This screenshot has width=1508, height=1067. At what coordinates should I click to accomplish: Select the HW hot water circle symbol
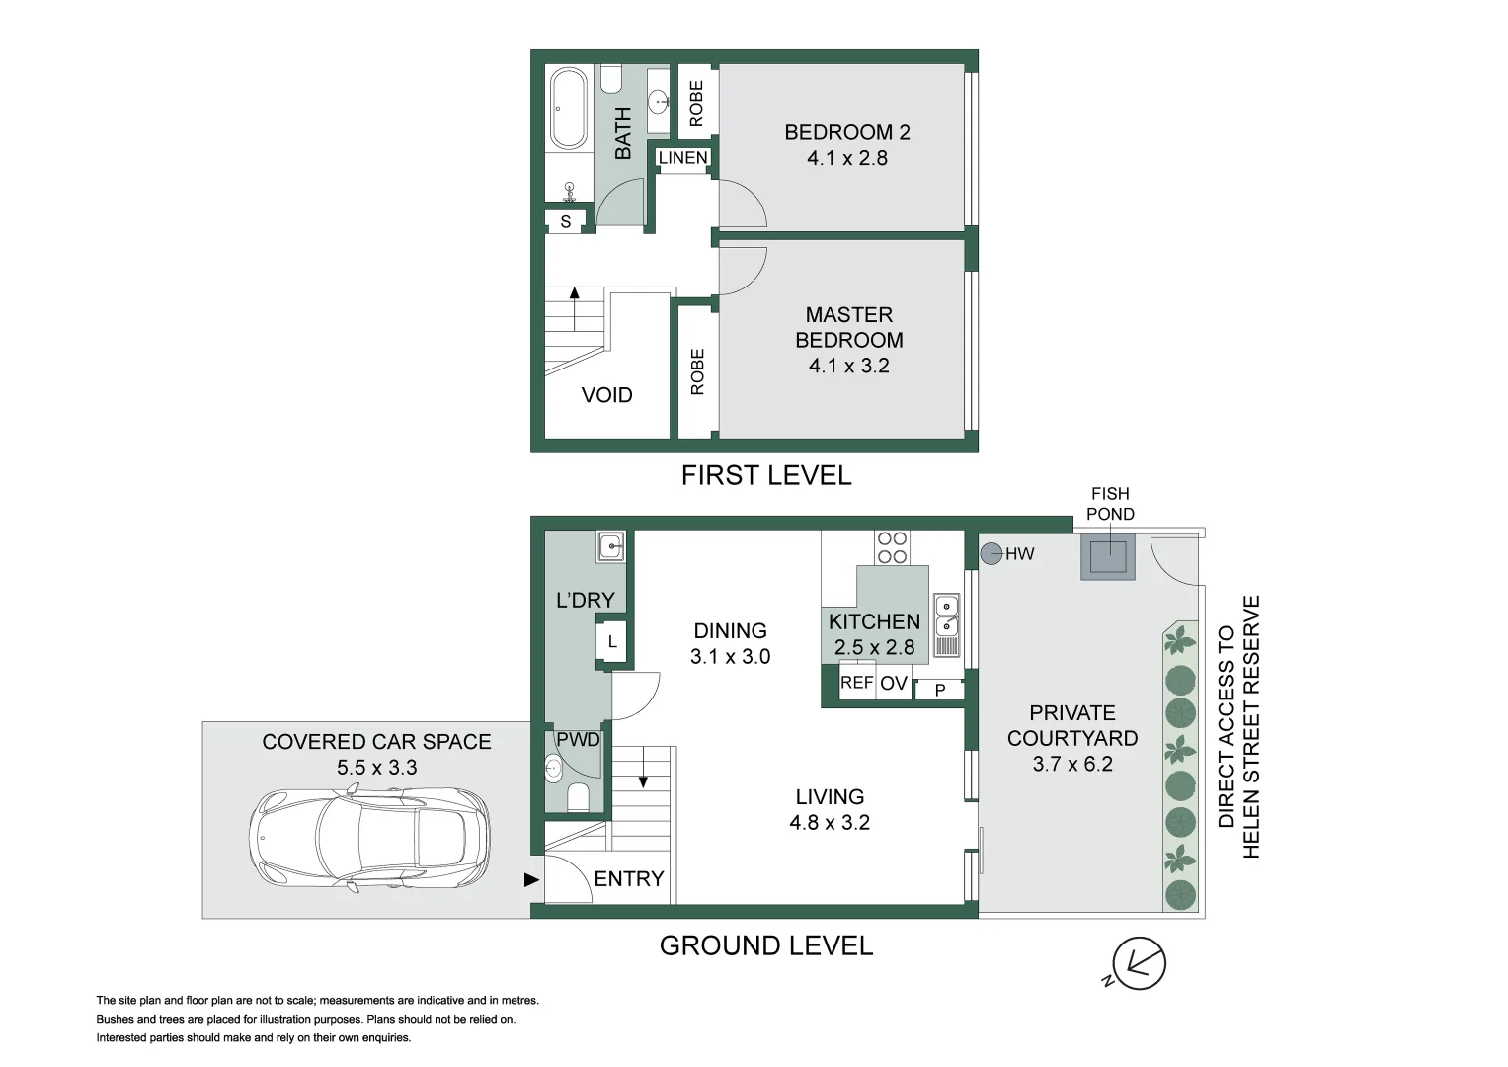pos(991,553)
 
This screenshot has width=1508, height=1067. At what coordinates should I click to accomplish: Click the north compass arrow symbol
pos(1139,962)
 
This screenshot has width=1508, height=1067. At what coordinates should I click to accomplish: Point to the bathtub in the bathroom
pos(568,109)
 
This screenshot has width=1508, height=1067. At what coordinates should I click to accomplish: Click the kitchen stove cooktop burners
pos(892,547)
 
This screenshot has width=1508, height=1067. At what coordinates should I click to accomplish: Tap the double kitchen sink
pos(945,616)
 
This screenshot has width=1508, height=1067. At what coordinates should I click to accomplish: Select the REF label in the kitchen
pos(856,683)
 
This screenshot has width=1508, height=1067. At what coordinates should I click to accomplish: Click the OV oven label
pos(894,684)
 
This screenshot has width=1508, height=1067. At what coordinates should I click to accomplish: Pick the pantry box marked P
pos(940,690)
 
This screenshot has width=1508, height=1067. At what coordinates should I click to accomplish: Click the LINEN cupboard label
pos(682,158)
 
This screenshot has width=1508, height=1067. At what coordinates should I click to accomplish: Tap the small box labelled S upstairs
pos(566,221)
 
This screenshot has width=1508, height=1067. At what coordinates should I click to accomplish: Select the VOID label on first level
pos(606,395)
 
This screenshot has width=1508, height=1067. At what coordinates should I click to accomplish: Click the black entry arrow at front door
pos(531,879)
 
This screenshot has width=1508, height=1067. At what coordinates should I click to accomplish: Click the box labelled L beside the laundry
pos(612,642)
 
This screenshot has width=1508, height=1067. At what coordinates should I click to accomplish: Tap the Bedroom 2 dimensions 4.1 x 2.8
pos(846,158)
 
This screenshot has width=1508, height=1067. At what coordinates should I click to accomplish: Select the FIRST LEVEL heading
pos(765,475)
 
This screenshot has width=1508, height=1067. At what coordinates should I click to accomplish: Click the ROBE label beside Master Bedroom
pos(697,371)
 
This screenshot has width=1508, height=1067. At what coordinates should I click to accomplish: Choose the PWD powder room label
pos(578,739)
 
